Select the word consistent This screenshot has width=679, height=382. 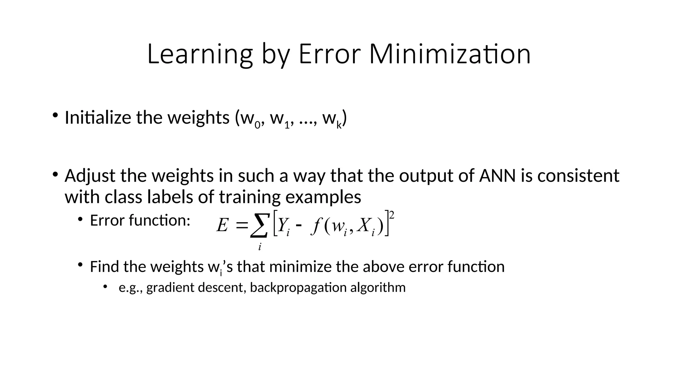click(578, 176)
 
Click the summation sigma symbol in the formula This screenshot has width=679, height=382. click(259, 225)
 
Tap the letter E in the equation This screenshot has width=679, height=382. click(222, 226)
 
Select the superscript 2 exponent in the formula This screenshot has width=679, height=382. click(392, 216)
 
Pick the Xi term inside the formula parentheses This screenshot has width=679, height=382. click(366, 226)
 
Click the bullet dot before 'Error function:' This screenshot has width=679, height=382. click(80, 219)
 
